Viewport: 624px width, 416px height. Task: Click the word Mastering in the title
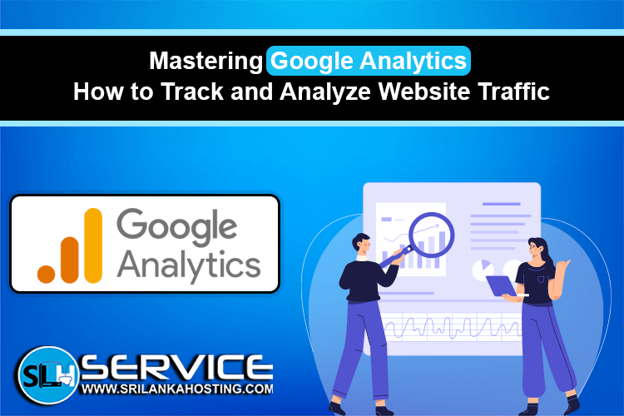point(206,62)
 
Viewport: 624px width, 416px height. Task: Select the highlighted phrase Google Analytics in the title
point(369,62)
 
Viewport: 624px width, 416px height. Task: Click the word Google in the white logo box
point(176,225)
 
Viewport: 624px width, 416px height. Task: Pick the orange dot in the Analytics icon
point(46,271)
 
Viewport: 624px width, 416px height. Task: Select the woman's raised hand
point(567,267)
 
